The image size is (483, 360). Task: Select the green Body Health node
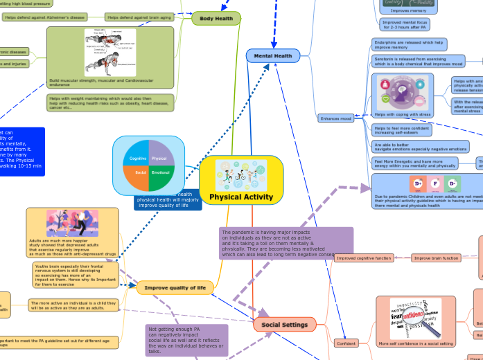[216, 18]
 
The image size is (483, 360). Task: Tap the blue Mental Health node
[272, 56]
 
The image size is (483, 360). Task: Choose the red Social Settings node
[284, 324]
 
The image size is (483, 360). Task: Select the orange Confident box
[345, 343]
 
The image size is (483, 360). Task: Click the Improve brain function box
[436, 258]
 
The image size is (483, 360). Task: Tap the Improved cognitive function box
[364, 258]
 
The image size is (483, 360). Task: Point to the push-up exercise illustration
[110, 53]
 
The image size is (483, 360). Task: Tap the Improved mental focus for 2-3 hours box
[405, 25]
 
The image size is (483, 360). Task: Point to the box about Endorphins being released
[410, 44]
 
